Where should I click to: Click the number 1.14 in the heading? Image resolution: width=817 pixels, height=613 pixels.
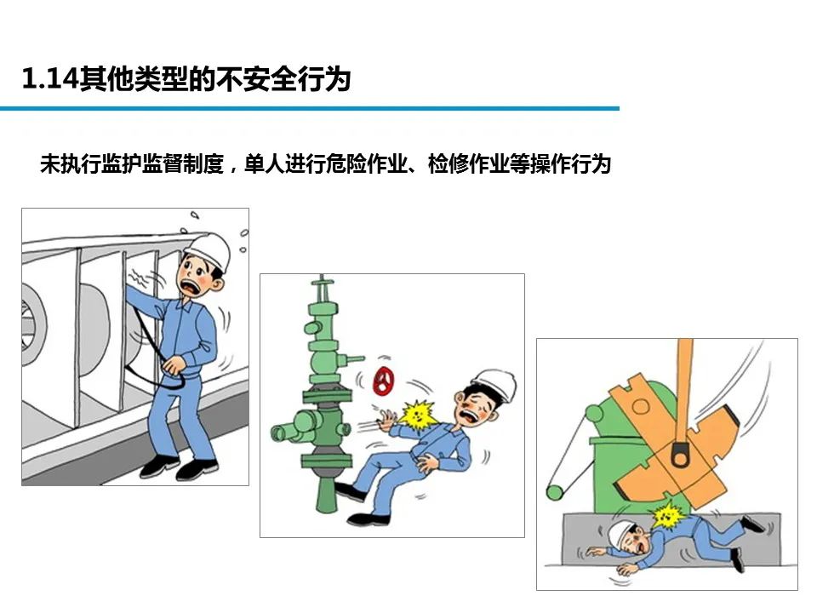(49, 79)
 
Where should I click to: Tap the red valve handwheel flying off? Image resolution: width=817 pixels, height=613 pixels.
(384, 381)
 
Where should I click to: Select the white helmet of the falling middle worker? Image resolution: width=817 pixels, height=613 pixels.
(494, 384)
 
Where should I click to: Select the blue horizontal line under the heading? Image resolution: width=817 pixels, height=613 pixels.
(310, 108)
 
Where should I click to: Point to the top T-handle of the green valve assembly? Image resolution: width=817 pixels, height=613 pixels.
(322, 282)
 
